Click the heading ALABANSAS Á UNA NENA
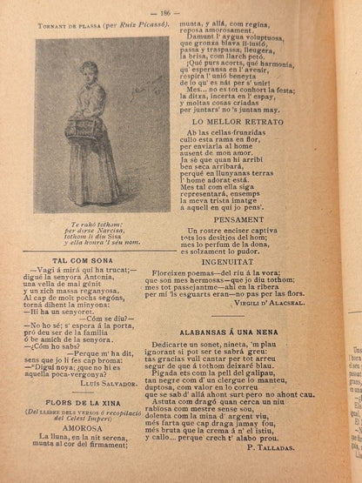[x=231, y=332]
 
